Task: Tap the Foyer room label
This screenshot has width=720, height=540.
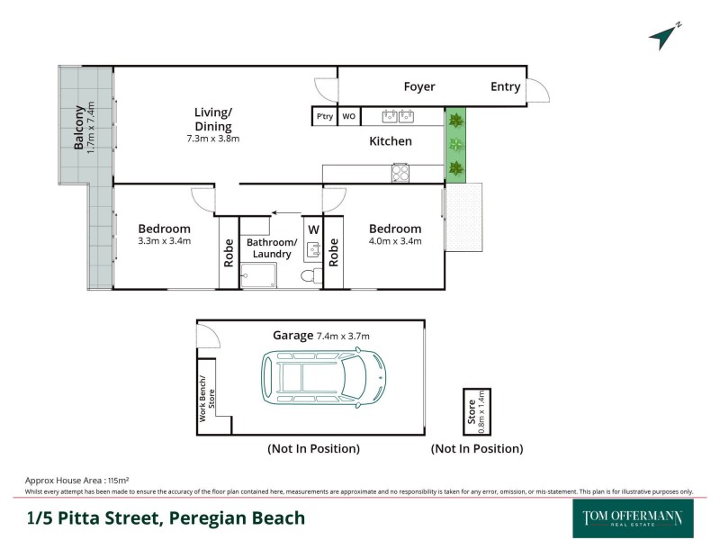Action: coord(418,86)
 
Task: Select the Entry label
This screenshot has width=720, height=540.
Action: coord(505,86)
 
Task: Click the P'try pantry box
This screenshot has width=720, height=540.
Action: coord(323,116)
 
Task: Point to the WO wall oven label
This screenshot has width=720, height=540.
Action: coord(349,116)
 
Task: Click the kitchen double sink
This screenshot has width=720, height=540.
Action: coord(398,115)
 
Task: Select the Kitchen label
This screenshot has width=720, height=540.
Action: coord(391,141)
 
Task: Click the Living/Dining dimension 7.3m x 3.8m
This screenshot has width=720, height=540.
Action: coord(213,139)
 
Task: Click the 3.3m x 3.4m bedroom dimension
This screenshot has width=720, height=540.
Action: coord(164,241)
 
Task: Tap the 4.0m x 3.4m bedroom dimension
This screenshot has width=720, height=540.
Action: coord(394,241)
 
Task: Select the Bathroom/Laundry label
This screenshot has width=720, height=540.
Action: coord(271,248)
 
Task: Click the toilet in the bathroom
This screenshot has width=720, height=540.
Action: coord(310,275)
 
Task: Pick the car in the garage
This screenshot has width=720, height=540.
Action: coord(323,377)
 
